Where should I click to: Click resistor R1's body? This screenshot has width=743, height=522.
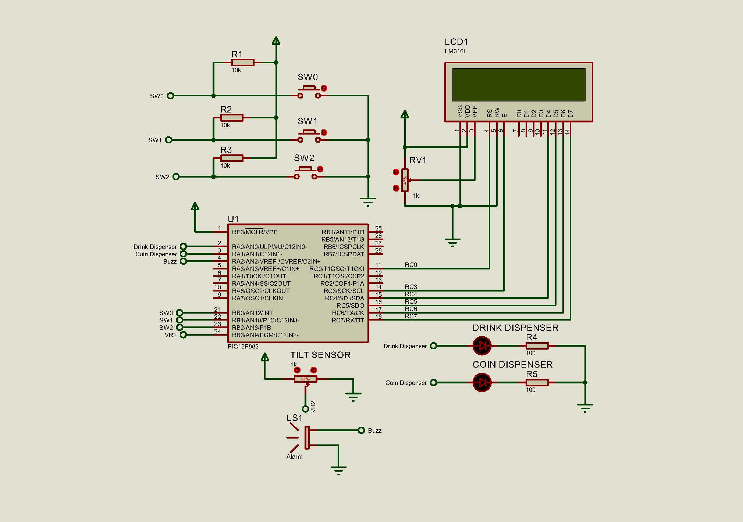pos(243,62)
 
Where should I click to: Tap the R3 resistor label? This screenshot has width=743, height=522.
pos(226,150)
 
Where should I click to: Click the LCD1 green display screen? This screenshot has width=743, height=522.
pos(519,85)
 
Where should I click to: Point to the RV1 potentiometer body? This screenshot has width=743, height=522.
pos(405,180)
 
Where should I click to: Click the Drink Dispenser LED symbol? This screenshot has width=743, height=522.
pos(482,346)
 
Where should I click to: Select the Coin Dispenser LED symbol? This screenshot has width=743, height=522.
pos(482,382)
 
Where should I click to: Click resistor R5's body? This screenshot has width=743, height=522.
pos(537,382)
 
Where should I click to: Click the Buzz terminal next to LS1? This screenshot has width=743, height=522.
pos(361,430)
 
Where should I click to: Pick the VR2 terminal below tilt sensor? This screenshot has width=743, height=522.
pos(305,409)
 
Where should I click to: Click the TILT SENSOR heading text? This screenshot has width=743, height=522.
pos(320,355)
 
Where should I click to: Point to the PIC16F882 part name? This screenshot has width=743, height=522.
pos(243,346)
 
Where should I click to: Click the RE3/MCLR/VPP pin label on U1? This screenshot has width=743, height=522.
pos(255,232)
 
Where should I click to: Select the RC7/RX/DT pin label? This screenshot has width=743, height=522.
pos(348,320)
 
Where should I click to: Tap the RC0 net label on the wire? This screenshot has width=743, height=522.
pos(411,265)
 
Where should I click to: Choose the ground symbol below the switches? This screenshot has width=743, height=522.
pos(368,201)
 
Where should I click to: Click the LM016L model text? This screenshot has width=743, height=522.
pos(455,51)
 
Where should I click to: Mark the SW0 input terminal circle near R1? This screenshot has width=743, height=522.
pos(170,96)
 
